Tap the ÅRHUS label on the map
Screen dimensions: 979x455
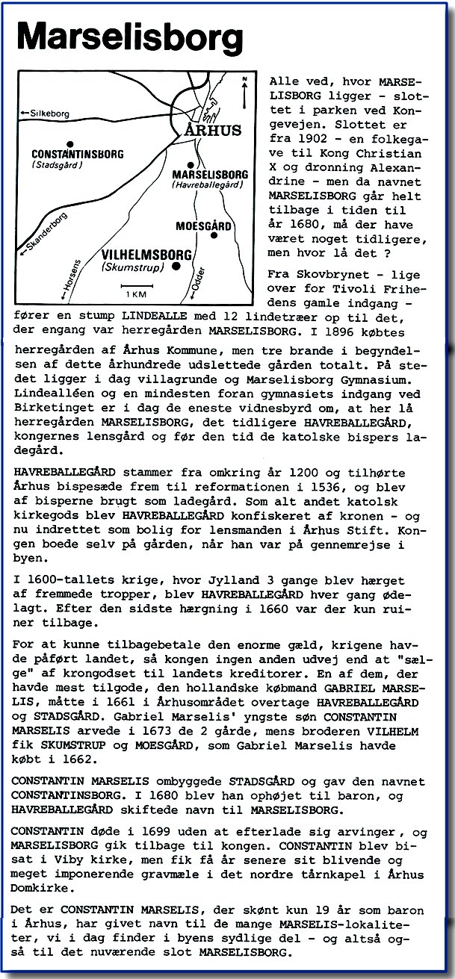coord(213,130)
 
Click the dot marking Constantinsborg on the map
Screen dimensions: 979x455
coord(69,143)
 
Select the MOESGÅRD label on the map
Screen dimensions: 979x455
coord(202,225)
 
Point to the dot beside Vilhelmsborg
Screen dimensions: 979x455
coord(176,265)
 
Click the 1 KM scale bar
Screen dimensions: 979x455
coord(135,283)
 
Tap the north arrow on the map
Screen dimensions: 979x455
coord(244,91)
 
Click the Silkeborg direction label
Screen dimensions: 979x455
coord(49,114)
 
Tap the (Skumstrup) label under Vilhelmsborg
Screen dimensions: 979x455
coord(131,267)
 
